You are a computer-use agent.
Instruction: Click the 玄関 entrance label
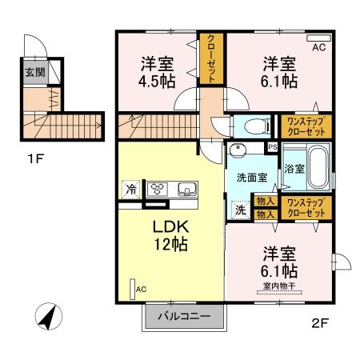pos(34,73)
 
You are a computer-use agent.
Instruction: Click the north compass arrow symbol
pos(50,318)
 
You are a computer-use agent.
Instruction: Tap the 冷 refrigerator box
pos(130,190)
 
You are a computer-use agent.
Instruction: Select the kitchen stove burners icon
pos(158,190)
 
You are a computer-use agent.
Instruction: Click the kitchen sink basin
pos(187,190)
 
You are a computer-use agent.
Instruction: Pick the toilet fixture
pos(252,126)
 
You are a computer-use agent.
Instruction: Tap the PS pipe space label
pos(272,147)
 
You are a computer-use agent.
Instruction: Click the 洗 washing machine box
pos(240,210)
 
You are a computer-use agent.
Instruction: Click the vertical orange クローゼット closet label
pos(211,58)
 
